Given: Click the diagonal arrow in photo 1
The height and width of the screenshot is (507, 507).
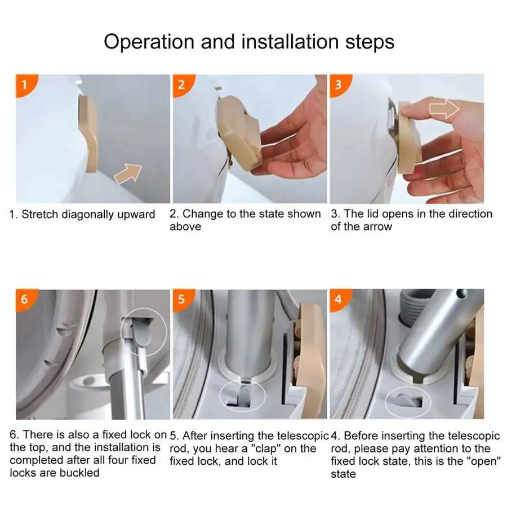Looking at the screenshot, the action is (128, 174).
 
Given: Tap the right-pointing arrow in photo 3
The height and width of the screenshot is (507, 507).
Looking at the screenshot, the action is (444, 108).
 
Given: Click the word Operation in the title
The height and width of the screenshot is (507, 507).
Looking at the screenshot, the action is (149, 42).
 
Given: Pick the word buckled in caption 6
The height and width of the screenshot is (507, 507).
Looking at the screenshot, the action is (79, 473).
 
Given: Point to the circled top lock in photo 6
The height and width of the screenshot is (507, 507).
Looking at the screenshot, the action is (144, 331).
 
